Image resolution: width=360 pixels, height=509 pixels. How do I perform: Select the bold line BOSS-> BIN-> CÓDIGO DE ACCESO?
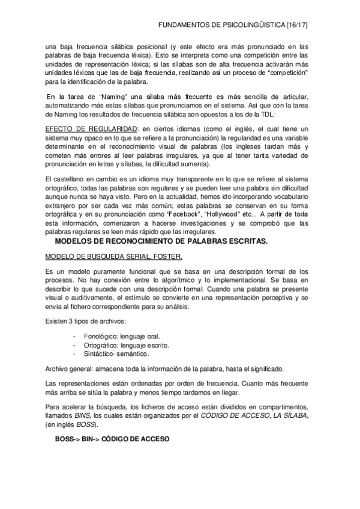click(112, 439)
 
